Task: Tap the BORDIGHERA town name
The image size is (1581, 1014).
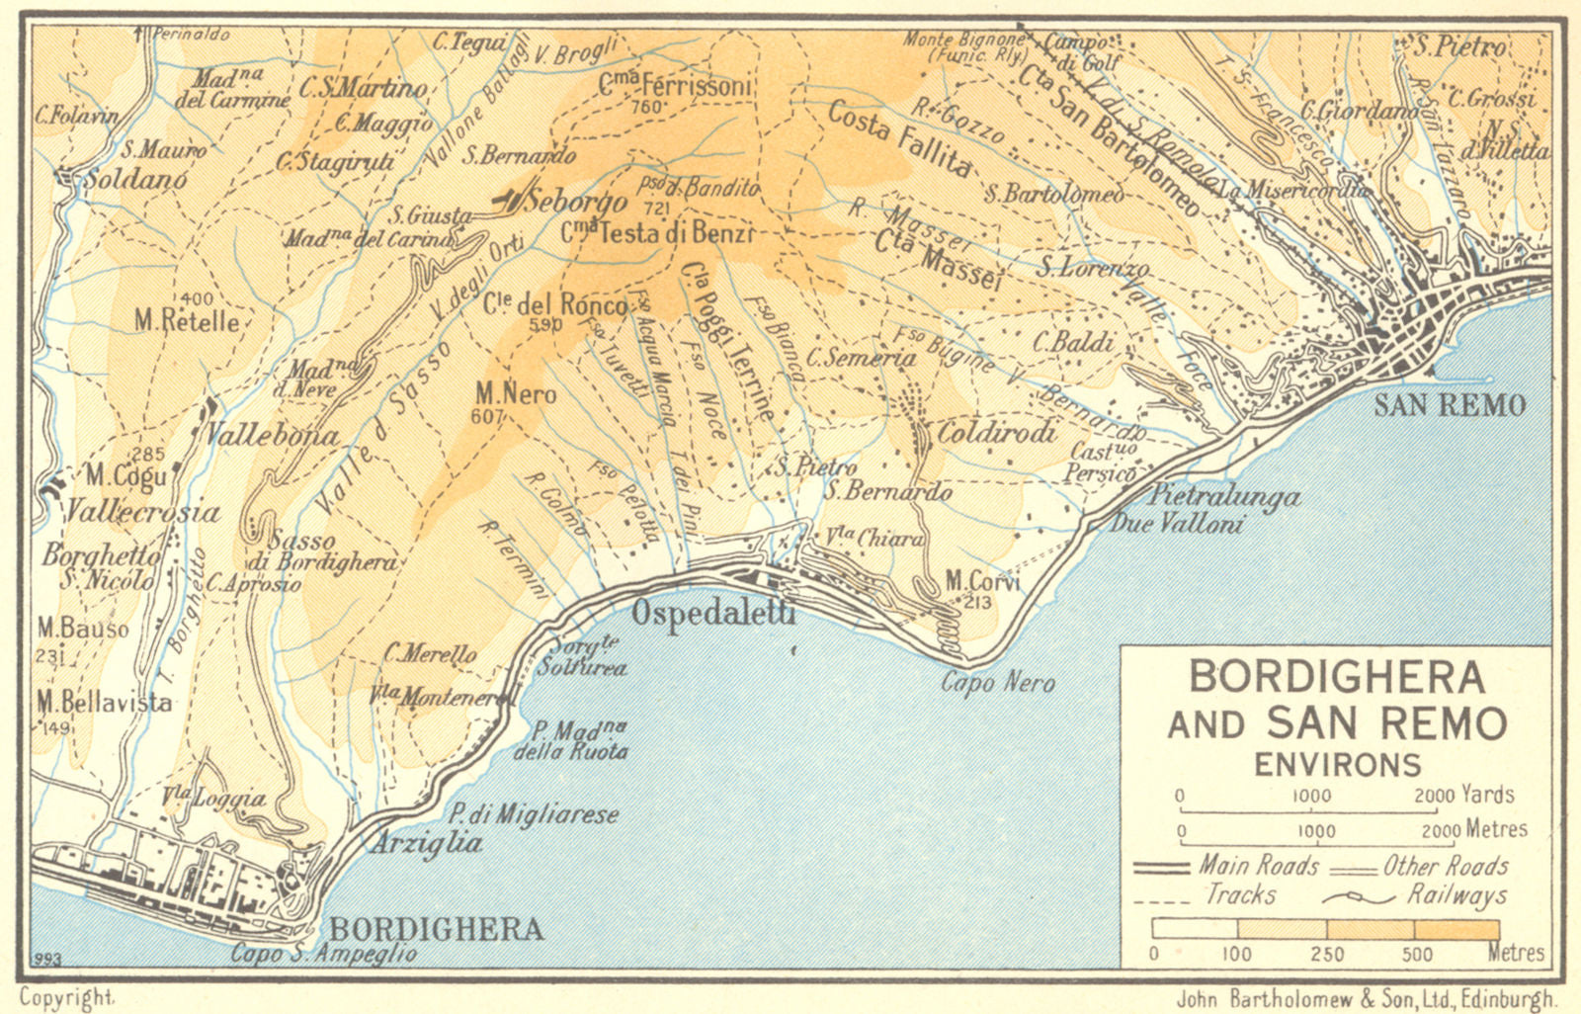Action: (436, 929)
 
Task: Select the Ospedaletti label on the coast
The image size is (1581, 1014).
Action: (712, 613)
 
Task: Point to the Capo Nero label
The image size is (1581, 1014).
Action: (997, 682)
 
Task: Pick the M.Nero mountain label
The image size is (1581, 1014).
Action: (515, 393)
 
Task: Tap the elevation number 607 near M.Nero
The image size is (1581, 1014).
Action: (487, 417)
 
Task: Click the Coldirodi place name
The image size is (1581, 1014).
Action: (996, 432)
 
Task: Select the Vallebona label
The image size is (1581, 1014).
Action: (273, 435)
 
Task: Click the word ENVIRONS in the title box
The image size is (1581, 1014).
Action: (1337, 764)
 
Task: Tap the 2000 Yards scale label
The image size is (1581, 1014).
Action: (1463, 795)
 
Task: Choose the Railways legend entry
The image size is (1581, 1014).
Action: (1456, 895)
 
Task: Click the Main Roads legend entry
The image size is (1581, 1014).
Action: (1259, 866)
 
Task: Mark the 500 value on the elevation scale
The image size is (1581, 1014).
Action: (1416, 954)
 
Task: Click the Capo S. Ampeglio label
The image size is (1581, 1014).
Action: (323, 954)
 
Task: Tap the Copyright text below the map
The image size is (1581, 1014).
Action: (67, 998)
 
